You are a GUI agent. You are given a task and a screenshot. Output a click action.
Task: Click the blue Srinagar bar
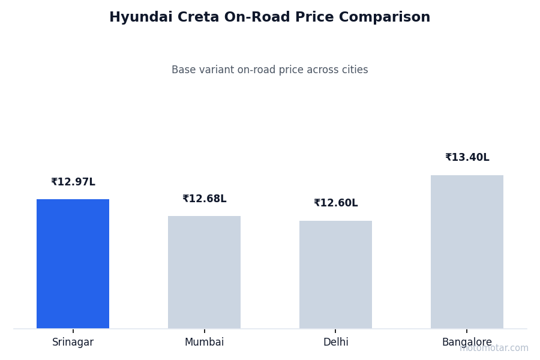73,264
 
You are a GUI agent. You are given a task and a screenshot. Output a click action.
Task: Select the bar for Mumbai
204,272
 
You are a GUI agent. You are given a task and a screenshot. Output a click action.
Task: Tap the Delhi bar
335,275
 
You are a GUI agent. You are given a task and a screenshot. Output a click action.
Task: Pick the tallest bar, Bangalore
467,252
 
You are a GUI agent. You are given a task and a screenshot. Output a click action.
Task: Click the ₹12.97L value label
73,182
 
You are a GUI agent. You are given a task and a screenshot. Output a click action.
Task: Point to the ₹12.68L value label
205,199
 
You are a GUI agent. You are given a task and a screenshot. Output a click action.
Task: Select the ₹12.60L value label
336,203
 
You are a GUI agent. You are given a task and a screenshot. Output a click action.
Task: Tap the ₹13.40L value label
467,158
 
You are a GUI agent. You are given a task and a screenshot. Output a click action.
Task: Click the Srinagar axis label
73,343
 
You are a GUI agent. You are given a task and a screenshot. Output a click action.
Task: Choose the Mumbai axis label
204,343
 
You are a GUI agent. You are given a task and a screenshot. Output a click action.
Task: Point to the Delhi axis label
335,343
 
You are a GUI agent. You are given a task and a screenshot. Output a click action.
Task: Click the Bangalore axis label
467,343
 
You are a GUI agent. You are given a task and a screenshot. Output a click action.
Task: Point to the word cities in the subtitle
354,70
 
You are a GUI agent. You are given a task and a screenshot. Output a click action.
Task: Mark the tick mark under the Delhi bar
335,331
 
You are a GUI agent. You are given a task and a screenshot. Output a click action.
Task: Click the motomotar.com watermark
494,348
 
